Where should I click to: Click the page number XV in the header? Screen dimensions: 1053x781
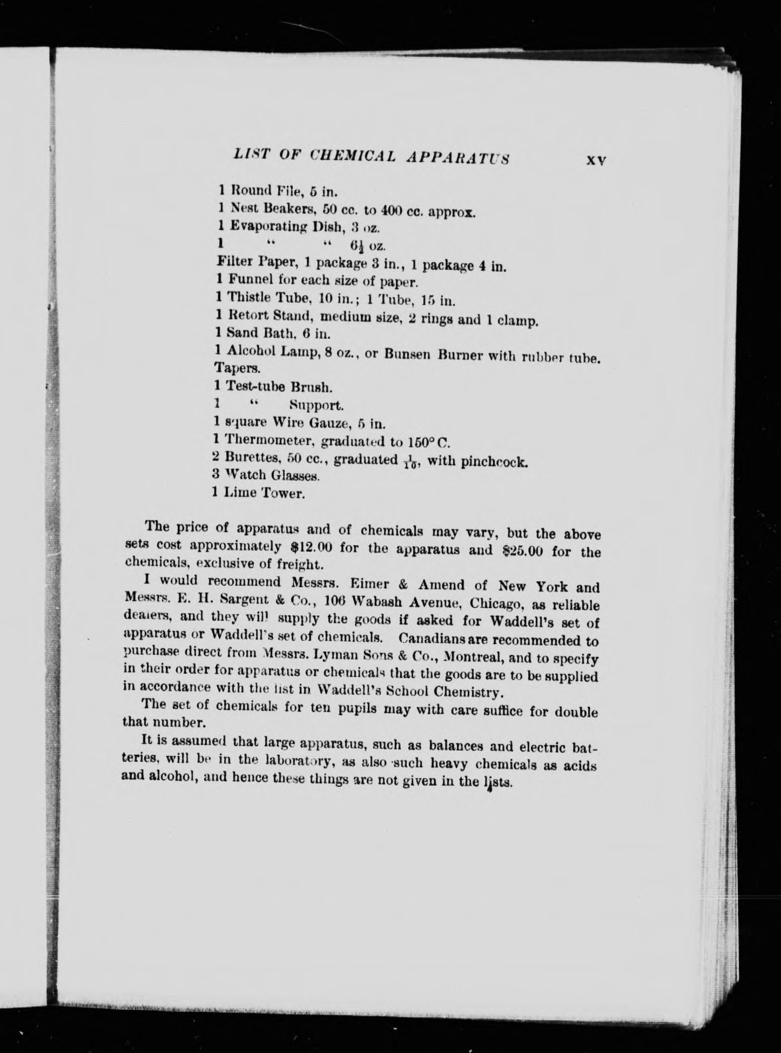tap(596, 160)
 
